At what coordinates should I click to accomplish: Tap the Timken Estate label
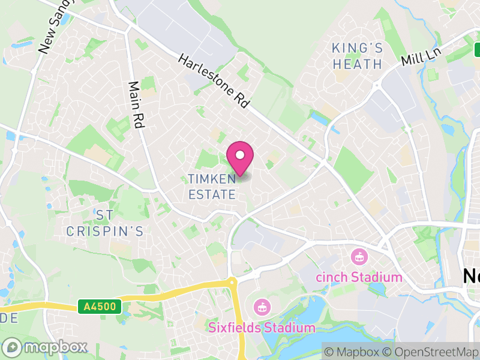coord(212,186)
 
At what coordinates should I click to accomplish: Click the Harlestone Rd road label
coord(214,80)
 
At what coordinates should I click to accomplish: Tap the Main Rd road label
coord(137,101)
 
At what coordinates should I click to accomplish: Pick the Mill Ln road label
coord(421,58)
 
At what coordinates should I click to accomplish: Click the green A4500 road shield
coord(100,307)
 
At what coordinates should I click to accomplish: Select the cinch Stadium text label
coord(359,277)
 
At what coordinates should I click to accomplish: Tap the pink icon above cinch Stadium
coord(359,257)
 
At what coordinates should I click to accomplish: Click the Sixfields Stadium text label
coord(262,328)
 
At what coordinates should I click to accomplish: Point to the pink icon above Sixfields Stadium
coord(261,308)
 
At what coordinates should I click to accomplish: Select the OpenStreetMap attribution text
coord(431,352)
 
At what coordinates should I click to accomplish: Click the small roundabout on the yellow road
coord(232,281)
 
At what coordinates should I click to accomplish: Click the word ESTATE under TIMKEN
coord(212,194)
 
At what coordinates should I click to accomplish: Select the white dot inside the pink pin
coord(240,155)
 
